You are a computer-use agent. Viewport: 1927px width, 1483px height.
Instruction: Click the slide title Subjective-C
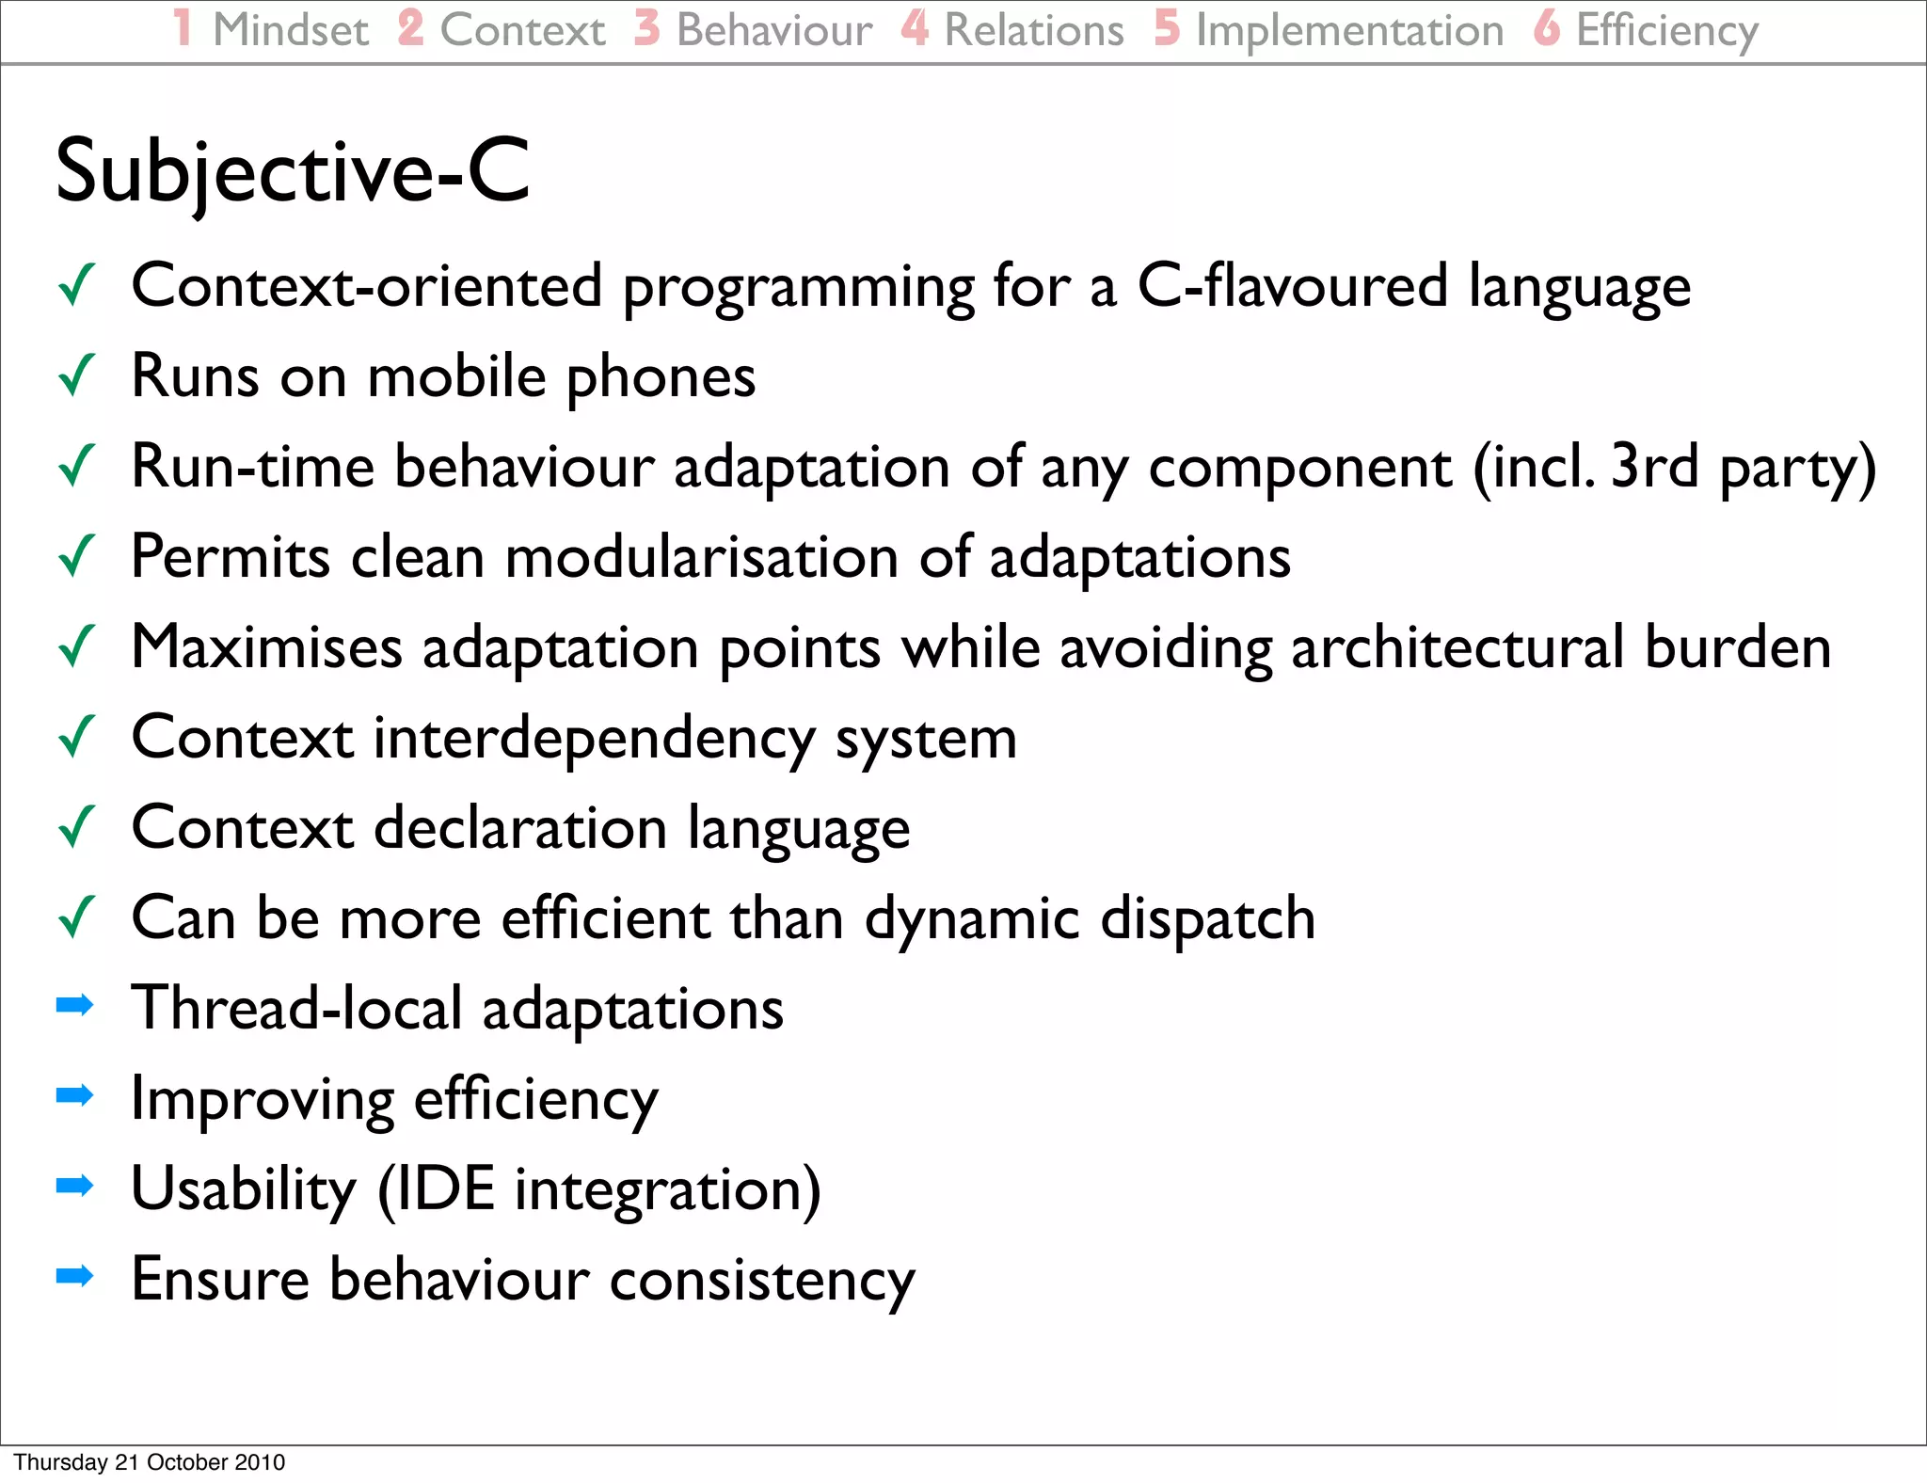pyautogui.click(x=293, y=172)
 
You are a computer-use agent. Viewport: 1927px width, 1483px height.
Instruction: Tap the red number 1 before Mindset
pyautogui.click(x=183, y=28)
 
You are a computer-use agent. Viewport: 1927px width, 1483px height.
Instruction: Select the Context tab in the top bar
pyautogui.click(x=522, y=30)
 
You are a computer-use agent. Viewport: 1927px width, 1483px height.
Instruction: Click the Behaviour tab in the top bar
pyautogui.click(x=773, y=30)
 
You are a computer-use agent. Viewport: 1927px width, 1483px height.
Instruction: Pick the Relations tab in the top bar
pyautogui.click(x=1033, y=30)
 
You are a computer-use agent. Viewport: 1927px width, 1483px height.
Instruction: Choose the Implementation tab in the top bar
pyautogui.click(x=1348, y=30)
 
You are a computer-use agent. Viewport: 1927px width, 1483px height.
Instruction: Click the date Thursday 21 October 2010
pyautogui.click(x=149, y=1462)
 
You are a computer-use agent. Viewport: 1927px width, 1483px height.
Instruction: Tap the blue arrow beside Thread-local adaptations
pyautogui.click(x=75, y=1005)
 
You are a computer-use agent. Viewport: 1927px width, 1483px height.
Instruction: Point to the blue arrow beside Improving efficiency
pyautogui.click(x=75, y=1095)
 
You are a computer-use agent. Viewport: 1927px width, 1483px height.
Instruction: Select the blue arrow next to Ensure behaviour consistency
pyautogui.click(x=75, y=1276)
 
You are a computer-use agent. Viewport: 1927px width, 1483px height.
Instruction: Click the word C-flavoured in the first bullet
pyautogui.click(x=1292, y=286)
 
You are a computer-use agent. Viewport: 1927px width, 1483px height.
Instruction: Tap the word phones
pyautogui.click(x=661, y=378)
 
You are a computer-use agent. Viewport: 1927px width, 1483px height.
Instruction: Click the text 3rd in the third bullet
pyautogui.click(x=1654, y=466)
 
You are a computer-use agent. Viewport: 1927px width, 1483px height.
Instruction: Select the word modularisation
pyautogui.click(x=701, y=557)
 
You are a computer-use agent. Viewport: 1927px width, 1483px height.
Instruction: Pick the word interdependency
pyautogui.click(x=594, y=739)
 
